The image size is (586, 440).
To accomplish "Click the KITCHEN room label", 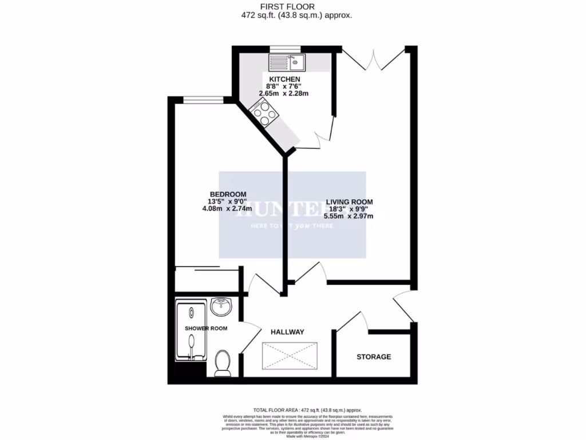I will (x=284, y=78).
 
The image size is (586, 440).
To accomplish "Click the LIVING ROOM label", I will (x=349, y=202).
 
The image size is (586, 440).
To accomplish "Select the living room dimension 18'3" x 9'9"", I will (x=349, y=209).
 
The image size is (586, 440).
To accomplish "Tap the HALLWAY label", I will (x=287, y=332).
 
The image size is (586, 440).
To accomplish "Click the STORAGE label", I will (x=374, y=357).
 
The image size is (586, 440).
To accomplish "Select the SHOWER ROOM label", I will (x=206, y=328).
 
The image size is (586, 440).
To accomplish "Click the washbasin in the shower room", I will (x=221, y=307).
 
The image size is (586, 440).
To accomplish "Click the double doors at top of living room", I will (x=373, y=59).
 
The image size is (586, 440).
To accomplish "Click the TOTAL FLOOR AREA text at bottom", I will (x=308, y=410).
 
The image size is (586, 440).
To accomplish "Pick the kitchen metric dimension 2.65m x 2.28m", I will (x=284, y=93).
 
